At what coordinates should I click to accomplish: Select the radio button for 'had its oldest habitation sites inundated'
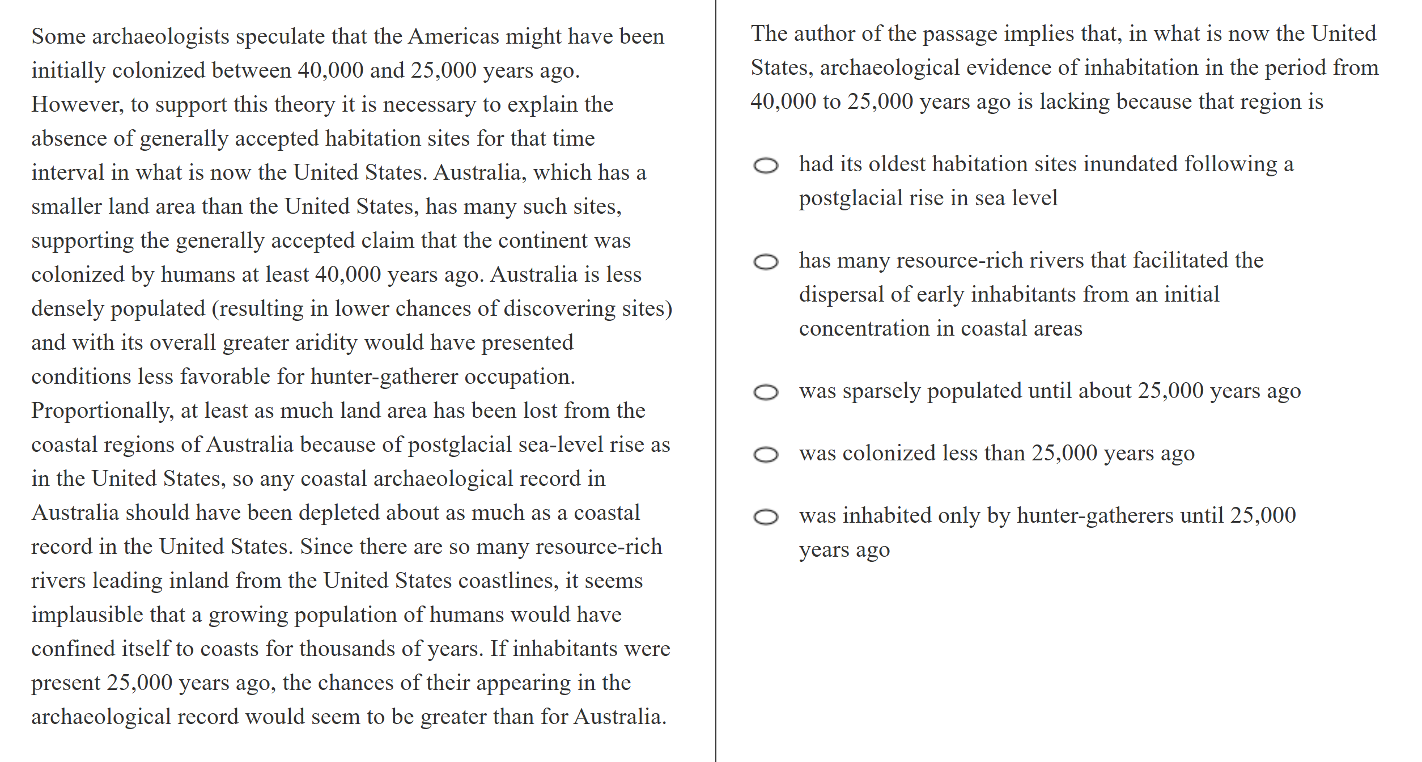(x=766, y=166)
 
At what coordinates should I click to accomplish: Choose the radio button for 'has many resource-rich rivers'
(x=766, y=262)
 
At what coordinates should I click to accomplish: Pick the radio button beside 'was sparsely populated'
(x=766, y=392)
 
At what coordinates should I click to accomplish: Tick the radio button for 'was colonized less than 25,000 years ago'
(x=766, y=455)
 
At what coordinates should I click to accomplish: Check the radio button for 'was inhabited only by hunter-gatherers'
(x=766, y=517)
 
